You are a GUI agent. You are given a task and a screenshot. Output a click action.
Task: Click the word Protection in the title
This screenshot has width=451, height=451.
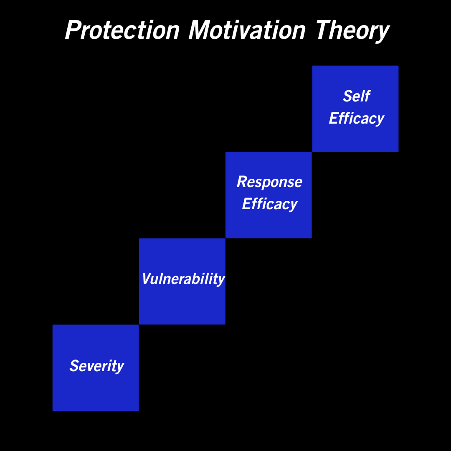coord(122,30)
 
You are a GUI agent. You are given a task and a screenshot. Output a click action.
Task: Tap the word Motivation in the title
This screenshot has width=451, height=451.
coord(247,30)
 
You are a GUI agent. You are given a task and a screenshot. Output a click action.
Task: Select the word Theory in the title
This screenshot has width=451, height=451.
coord(352,31)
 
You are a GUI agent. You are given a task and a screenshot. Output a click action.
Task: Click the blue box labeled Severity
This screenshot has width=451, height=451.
coord(96,367)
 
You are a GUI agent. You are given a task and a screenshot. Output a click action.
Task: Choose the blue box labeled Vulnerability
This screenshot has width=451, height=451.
coord(182,281)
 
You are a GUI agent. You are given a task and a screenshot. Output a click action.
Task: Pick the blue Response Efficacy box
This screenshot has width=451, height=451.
coord(269,195)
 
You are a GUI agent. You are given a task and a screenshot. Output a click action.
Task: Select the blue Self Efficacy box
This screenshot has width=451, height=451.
coord(355,109)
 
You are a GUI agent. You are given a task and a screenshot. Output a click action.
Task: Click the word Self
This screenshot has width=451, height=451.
coord(357,96)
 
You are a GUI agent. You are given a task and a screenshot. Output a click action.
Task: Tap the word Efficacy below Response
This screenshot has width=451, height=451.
coord(270,204)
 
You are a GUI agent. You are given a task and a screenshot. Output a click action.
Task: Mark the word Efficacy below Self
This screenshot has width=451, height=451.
coord(357,119)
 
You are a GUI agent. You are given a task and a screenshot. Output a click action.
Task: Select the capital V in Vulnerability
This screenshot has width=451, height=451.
coord(147,279)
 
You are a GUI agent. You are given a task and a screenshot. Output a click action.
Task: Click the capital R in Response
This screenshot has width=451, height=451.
coord(242,182)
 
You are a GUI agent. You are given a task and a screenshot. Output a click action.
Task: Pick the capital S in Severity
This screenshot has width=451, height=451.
coord(74,365)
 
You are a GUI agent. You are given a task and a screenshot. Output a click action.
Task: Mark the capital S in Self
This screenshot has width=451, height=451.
coord(347,96)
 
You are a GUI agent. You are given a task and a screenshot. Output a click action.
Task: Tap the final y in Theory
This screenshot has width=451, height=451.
coord(383,34)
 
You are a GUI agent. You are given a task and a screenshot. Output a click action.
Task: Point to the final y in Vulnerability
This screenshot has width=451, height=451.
coord(220,281)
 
